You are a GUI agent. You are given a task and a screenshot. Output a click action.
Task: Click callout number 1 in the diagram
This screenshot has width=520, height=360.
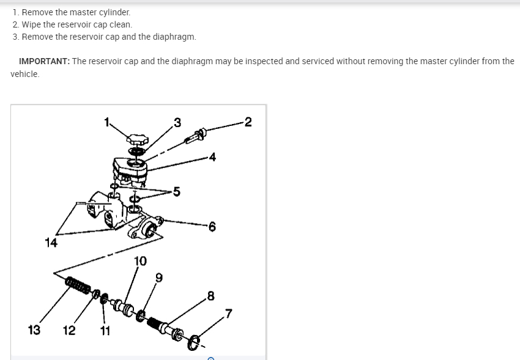[106, 121]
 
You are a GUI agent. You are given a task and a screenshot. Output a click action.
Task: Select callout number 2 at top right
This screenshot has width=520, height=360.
[248, 122]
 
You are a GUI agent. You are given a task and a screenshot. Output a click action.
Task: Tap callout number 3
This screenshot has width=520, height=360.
[177, 122]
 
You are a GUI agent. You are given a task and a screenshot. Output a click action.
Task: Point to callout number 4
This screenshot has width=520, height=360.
[212, 157]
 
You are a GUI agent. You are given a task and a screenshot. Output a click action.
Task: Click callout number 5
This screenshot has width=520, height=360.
[176, 193]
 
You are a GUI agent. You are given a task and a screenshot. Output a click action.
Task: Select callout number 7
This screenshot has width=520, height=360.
[228, 314]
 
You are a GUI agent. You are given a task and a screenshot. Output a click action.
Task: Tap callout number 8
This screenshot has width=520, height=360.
[211, 297]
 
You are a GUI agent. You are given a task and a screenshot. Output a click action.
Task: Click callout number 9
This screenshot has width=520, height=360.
[159, 278]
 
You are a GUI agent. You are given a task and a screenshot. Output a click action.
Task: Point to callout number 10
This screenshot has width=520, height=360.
[140, 261]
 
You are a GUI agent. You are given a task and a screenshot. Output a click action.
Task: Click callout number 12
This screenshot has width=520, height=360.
[69, 331]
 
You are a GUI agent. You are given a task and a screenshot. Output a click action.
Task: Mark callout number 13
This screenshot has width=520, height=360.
[34, 331]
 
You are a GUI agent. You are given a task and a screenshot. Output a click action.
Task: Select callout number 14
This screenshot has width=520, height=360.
[51, 243]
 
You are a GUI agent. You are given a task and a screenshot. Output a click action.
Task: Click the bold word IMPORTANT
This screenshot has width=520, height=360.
[44, 62]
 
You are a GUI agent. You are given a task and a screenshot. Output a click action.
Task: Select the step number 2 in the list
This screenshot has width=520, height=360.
[15, 24]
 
